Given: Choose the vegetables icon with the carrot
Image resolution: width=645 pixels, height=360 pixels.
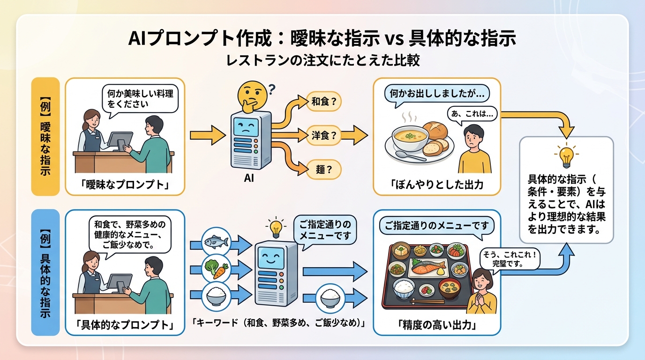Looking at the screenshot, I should pyautogui.click(x=216, y=269).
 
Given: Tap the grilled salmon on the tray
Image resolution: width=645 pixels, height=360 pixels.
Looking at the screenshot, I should pyautogui.click(x=427, y=268).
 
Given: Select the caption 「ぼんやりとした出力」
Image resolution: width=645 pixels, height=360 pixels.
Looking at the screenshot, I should pyautogui.click(x=437, y=185).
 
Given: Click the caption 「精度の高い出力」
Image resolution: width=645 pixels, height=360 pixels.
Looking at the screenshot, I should pyautogui.click(x=437, y=325).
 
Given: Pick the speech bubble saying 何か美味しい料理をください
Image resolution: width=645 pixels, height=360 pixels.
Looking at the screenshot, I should pyautogui.click(x=140, y=98).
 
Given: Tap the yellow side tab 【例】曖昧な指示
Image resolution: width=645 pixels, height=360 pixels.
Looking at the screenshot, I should pyautogui.click(x=45, y=136).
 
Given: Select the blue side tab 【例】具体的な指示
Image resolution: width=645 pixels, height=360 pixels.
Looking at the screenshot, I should pyautogui.click(x=45, y=272).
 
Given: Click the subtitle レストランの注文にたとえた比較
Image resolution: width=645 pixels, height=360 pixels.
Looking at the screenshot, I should pyautogui.click(x=322, y=60).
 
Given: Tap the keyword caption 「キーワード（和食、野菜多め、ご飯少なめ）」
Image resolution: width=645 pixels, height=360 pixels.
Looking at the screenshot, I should pyautogui.click(x=280, y=323).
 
